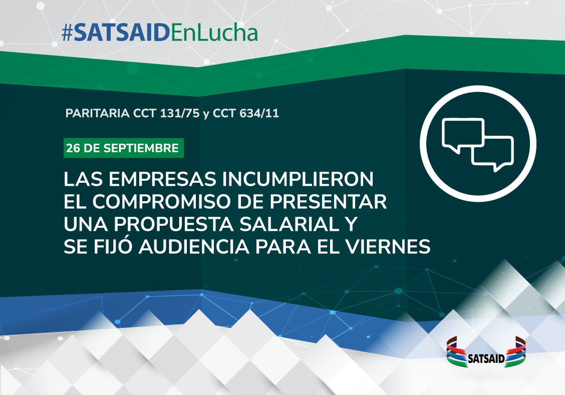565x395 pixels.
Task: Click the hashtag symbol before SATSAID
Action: click(x=68, y=34)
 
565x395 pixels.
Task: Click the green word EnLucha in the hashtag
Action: click(x=214, y=33)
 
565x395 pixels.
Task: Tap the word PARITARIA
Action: click(x=97, y=113)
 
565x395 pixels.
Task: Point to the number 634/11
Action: click(x=259, y=113)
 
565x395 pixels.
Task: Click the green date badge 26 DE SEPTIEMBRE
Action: click(x=124, y=148)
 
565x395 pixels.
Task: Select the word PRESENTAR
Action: click(x=328, y=202)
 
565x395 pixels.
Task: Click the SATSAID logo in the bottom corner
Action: click(x=486, y=352)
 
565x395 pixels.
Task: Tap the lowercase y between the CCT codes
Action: click(x=206, y=114)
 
